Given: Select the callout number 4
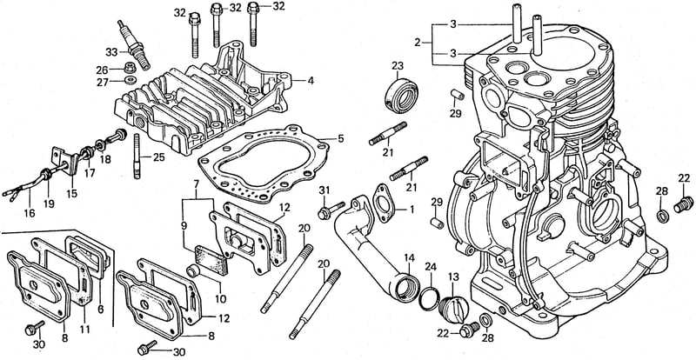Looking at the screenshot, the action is [x=311, y=81].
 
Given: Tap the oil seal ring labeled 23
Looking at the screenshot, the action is [x=401, y=95].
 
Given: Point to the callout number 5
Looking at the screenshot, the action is [x=340, y=138].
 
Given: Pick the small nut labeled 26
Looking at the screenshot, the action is [x=130, y=68].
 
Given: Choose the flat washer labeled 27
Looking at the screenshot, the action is [x=130, y=80].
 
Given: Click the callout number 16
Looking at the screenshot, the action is [x=30, y=214].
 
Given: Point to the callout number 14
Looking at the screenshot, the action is [x=409, y=257].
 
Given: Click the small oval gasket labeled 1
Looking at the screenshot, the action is [x=383, y=202].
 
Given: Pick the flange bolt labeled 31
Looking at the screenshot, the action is [x=331, y=210].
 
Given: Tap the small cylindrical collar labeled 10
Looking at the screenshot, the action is [x=194, y=271].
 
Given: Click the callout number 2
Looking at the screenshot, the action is [x=417, y=43].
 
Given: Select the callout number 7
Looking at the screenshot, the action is [x=196, y=183].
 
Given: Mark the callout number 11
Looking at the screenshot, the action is [x=84, y=329].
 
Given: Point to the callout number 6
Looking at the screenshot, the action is [x=101, y=310].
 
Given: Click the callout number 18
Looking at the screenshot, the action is [x=105, y=159].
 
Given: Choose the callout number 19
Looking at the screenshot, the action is [x=49, y=203].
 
